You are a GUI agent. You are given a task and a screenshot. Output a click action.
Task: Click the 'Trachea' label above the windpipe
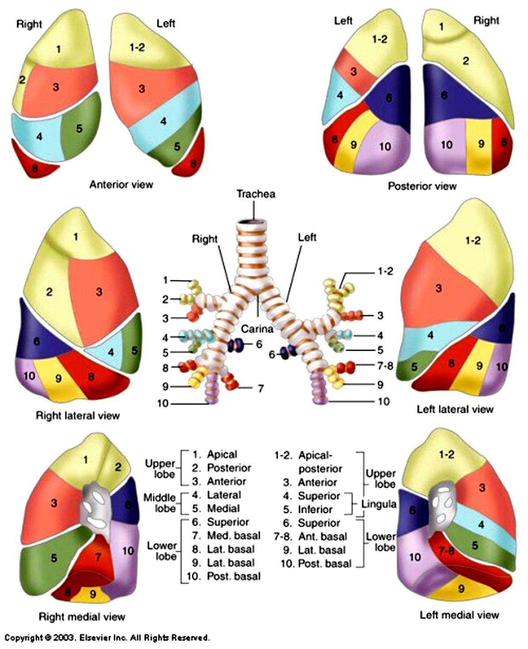pyautogui.click(x=256, y=194)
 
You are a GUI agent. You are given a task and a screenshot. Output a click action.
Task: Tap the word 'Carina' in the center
pyautogui.click(x=257, y=329)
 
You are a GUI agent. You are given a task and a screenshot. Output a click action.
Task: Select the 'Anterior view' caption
pyautogui.click(x=121, y=184)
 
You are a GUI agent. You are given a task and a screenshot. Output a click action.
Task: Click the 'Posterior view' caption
pyautogui.click(x=422, y=186)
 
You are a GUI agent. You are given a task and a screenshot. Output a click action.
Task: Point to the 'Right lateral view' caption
pyautogui.click(x=78, y=415)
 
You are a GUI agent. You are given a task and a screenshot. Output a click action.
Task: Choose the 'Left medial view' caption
pyautogui.click(x=460, y=615)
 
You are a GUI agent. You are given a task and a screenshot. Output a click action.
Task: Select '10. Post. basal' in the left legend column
pyautogui.click(x=224, y=576)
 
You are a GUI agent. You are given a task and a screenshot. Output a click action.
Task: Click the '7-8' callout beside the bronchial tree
pyautogui.click(x=385, y=365)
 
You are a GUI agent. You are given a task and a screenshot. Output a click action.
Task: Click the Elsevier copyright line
pyautogui.click(x=107, y=638)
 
